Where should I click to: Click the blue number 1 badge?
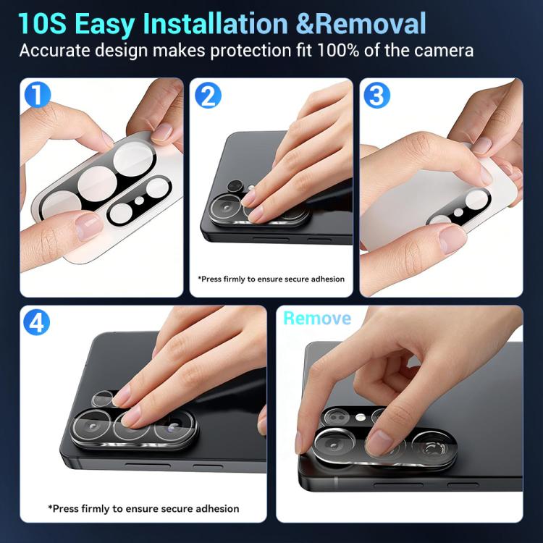38,95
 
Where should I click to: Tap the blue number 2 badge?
208,96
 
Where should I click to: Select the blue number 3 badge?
376,96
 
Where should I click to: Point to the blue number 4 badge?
36,322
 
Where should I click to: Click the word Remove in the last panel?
317,319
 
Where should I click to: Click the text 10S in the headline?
42,24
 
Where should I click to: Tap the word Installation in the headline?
216,24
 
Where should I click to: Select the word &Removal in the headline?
361,24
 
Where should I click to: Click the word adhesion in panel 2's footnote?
327,279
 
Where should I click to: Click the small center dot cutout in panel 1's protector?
139,201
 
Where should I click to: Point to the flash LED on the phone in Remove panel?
360,417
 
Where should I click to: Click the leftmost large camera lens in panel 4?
92,427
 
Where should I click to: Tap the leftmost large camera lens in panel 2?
226,209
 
